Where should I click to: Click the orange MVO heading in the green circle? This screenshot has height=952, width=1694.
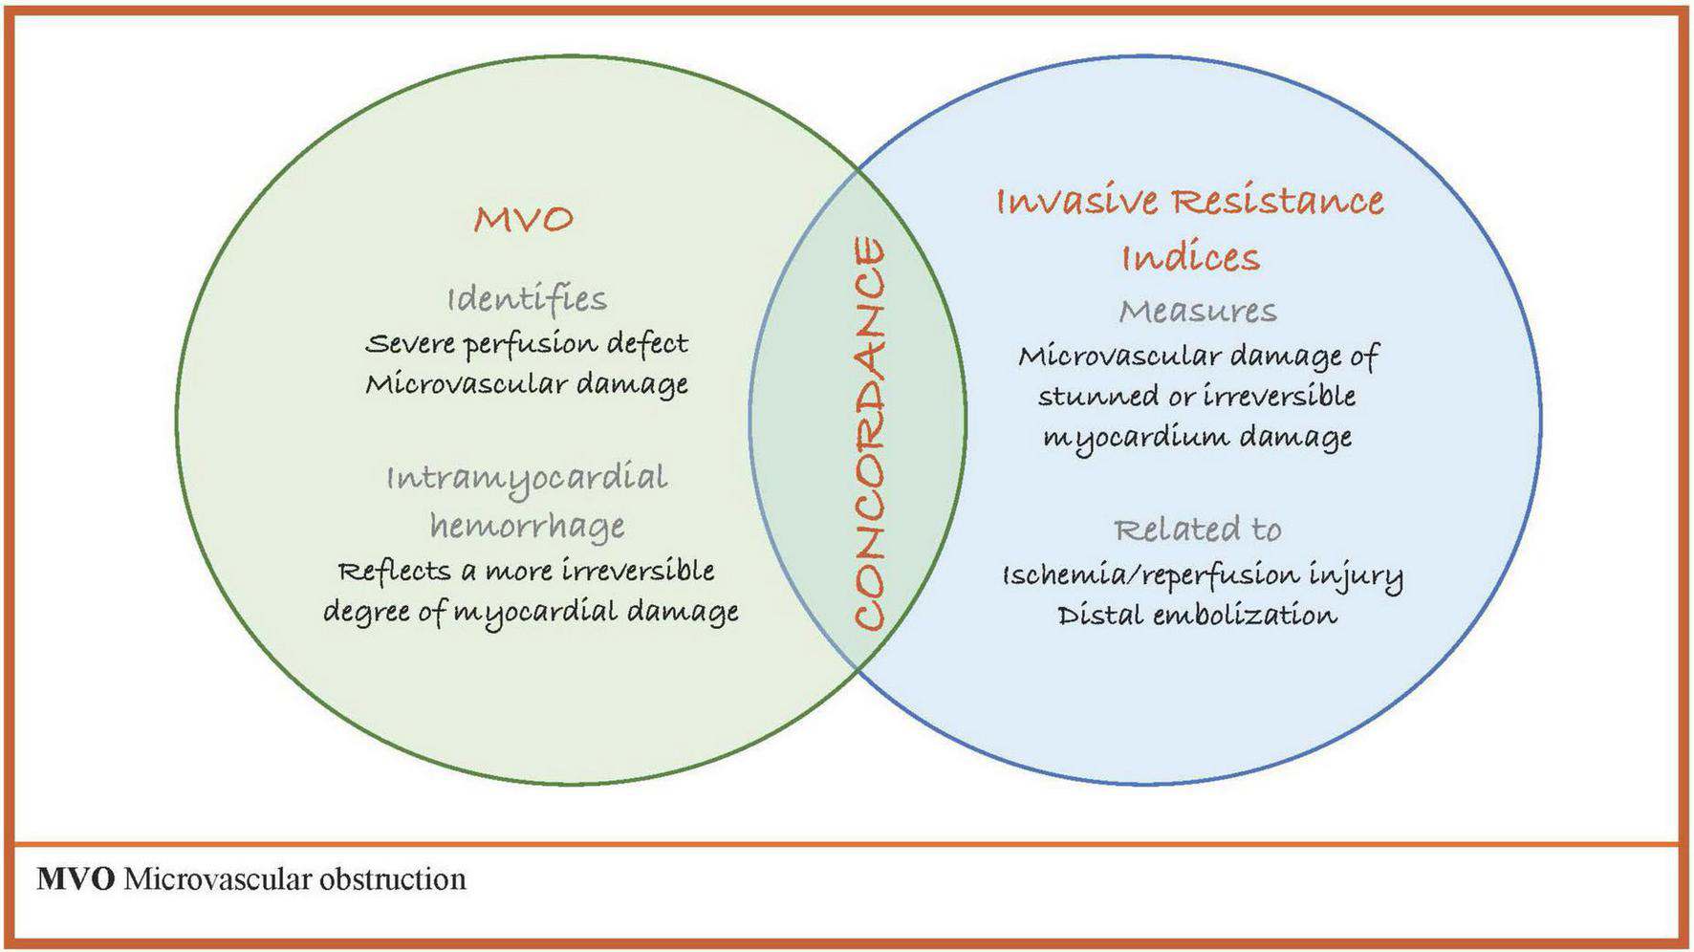[524, 219]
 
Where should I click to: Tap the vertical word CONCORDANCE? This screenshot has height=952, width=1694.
[868, 435]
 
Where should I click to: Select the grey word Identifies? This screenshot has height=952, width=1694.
[527, 299]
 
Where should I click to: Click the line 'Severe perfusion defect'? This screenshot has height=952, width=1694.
[527, 343]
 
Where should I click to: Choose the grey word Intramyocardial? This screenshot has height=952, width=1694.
[527, 478]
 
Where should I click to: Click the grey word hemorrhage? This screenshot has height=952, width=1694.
[527, 526]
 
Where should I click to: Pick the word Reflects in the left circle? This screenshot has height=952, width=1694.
[394, 571]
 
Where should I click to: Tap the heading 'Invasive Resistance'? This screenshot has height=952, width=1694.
[1190, 202]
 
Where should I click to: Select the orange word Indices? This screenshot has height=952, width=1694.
[1190, 257]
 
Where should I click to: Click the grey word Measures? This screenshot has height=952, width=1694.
[1198, 311]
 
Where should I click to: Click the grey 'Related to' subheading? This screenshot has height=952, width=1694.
[1198, 529]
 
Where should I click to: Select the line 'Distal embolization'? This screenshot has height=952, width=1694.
[1197, 615]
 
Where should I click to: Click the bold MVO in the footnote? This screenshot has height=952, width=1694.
[76, 879]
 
